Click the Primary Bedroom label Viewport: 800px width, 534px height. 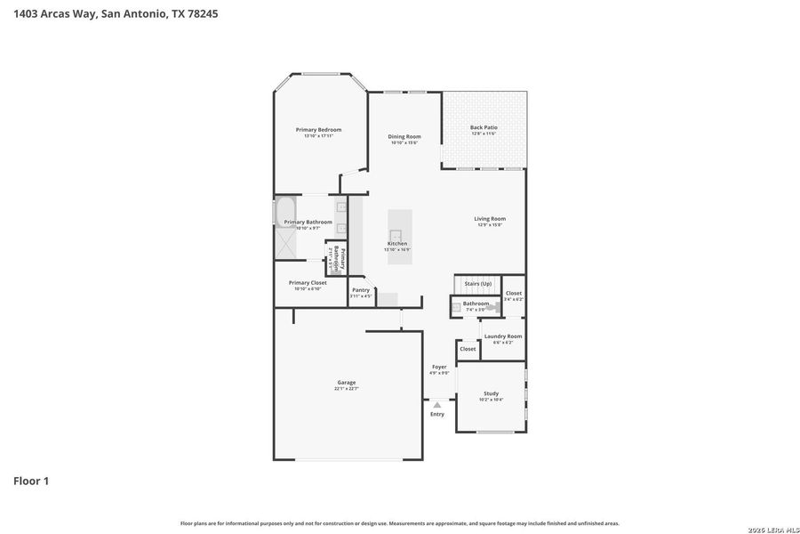click(x=318, y=130)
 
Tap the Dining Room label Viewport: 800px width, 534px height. click(x=404, y=137)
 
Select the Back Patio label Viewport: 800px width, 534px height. click(x=484, y=128)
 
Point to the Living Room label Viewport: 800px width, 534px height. click(x=489, y=219)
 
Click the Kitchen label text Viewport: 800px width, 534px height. click(x=397, y=244)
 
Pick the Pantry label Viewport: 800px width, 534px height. click(x=360, y=290)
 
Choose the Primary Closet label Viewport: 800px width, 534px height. click(x=307, y=283)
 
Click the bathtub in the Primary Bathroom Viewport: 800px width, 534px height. click(x=276, y=214)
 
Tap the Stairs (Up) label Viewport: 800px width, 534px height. click(x=478, y=283)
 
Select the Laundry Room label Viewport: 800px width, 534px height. click(x=503, y=336)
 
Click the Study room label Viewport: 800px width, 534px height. click(x=491, y=393)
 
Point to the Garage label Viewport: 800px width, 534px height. click(x=346, y=383)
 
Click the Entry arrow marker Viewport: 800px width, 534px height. click(x=436, y=405)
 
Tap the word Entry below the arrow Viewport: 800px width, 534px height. click(x=437, y=414)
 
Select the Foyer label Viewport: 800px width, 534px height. click(x=439, y=367)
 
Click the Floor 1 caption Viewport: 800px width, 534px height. click(x=31, y=481)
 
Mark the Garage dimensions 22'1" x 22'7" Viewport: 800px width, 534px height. click(x=346, y=388)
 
